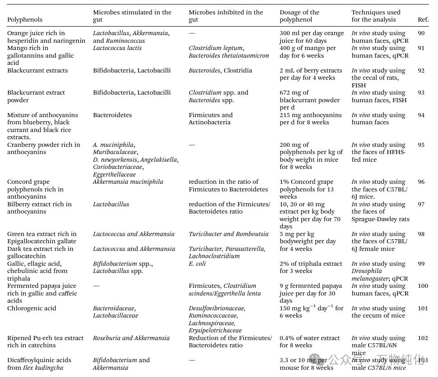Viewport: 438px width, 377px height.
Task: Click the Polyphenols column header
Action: point(25,20)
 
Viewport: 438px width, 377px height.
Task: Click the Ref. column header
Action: point(423,20)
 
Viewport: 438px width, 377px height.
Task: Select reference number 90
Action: point(421,33)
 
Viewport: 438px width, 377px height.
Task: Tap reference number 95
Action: point(421,145)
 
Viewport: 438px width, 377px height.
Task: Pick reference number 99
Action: point(421,264)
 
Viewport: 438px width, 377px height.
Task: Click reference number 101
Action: point(422,309)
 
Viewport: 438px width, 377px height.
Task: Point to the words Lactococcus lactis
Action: point(117,48)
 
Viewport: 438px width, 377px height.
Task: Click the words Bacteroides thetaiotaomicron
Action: point(229,56)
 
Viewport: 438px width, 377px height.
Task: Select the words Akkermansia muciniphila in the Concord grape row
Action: point(128,182)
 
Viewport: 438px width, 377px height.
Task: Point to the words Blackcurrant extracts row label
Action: point(37,71)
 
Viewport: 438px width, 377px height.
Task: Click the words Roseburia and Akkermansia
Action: point(131,338)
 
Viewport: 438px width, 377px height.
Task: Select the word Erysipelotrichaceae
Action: point(215,331)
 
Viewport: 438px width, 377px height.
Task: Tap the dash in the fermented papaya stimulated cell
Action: point(96,286)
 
